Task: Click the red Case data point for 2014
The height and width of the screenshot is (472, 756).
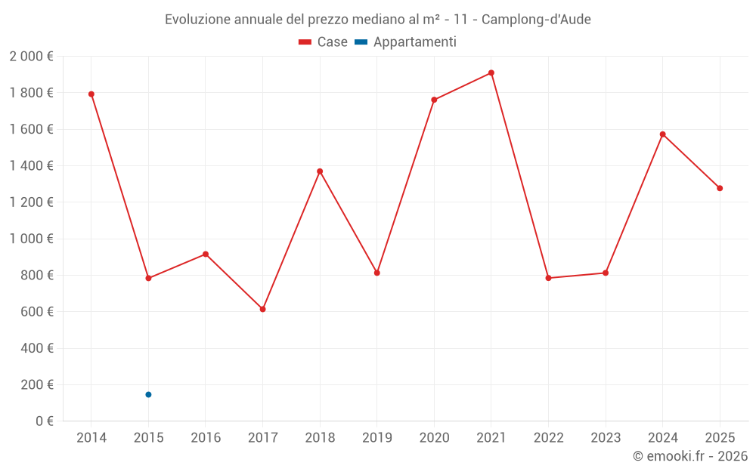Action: tap(91, 94)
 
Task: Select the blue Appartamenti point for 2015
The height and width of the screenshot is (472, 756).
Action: tap(148, 394)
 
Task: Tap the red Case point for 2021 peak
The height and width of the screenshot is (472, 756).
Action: tap(491, 73)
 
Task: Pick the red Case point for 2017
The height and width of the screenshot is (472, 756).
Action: tap(262, 309)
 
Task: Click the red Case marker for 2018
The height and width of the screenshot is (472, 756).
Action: tap(320, 171)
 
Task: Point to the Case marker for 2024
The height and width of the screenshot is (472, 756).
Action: tap(662, 134)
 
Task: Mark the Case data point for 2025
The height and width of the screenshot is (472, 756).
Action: tap(720, 188)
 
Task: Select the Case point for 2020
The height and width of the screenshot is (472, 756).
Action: tap(434, 100)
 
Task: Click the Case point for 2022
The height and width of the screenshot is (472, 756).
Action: tap(548, 278)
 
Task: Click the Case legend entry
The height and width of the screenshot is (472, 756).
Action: tap(324, 42)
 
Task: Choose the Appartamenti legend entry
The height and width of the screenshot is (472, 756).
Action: tap(406, 42)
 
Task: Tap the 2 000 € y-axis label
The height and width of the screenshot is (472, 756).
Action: tap(31, 56)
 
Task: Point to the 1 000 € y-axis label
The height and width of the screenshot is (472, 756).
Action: tap(31, 239)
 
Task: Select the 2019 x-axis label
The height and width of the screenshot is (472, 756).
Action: tap(376, 437)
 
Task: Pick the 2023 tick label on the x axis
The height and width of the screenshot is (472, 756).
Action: tap(605, 437)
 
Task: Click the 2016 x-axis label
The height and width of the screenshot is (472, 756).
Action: tap(206, 437)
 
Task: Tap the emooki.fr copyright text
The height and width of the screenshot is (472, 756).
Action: tap(690, 456)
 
